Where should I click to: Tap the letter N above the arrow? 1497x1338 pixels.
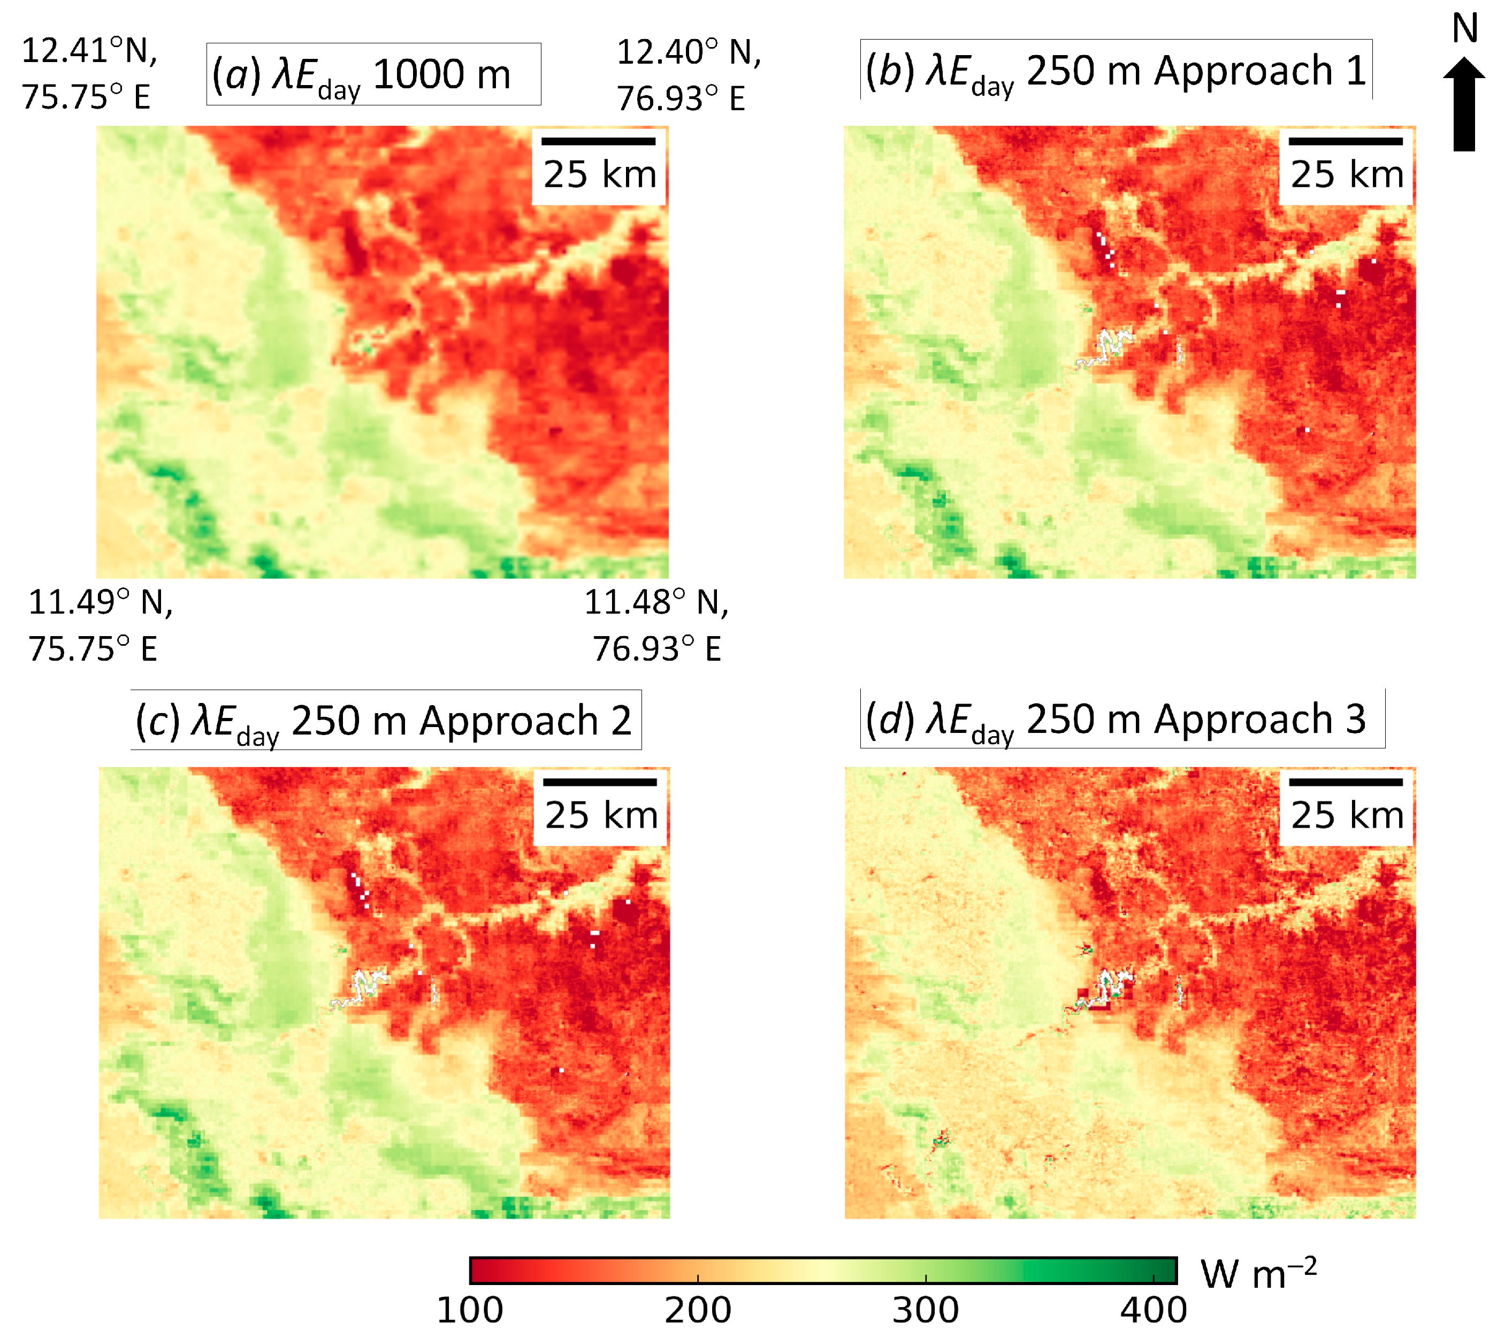(1465, 29)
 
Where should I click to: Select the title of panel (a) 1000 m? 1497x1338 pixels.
(373, 74)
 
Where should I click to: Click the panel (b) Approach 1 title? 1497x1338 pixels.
(1116, 71)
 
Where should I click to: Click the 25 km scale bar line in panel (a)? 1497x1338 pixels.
(599, 141)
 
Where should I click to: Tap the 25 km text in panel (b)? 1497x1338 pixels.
(1346, 175)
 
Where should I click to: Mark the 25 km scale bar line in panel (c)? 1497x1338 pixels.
(600, 782)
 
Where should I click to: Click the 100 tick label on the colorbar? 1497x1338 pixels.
(471, 1311)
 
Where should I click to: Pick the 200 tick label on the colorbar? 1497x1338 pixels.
(698, 1311)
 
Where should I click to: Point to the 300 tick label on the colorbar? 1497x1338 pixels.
(926, 1311)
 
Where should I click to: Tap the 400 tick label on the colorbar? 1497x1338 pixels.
(1153, 1311)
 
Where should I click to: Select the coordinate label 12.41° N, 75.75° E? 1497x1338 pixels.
(88, 73)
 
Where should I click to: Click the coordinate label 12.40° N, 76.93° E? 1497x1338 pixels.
(688, 75)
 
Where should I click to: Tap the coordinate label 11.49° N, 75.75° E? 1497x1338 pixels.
(100, 625)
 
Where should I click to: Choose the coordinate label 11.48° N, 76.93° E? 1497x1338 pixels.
(656, 625)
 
